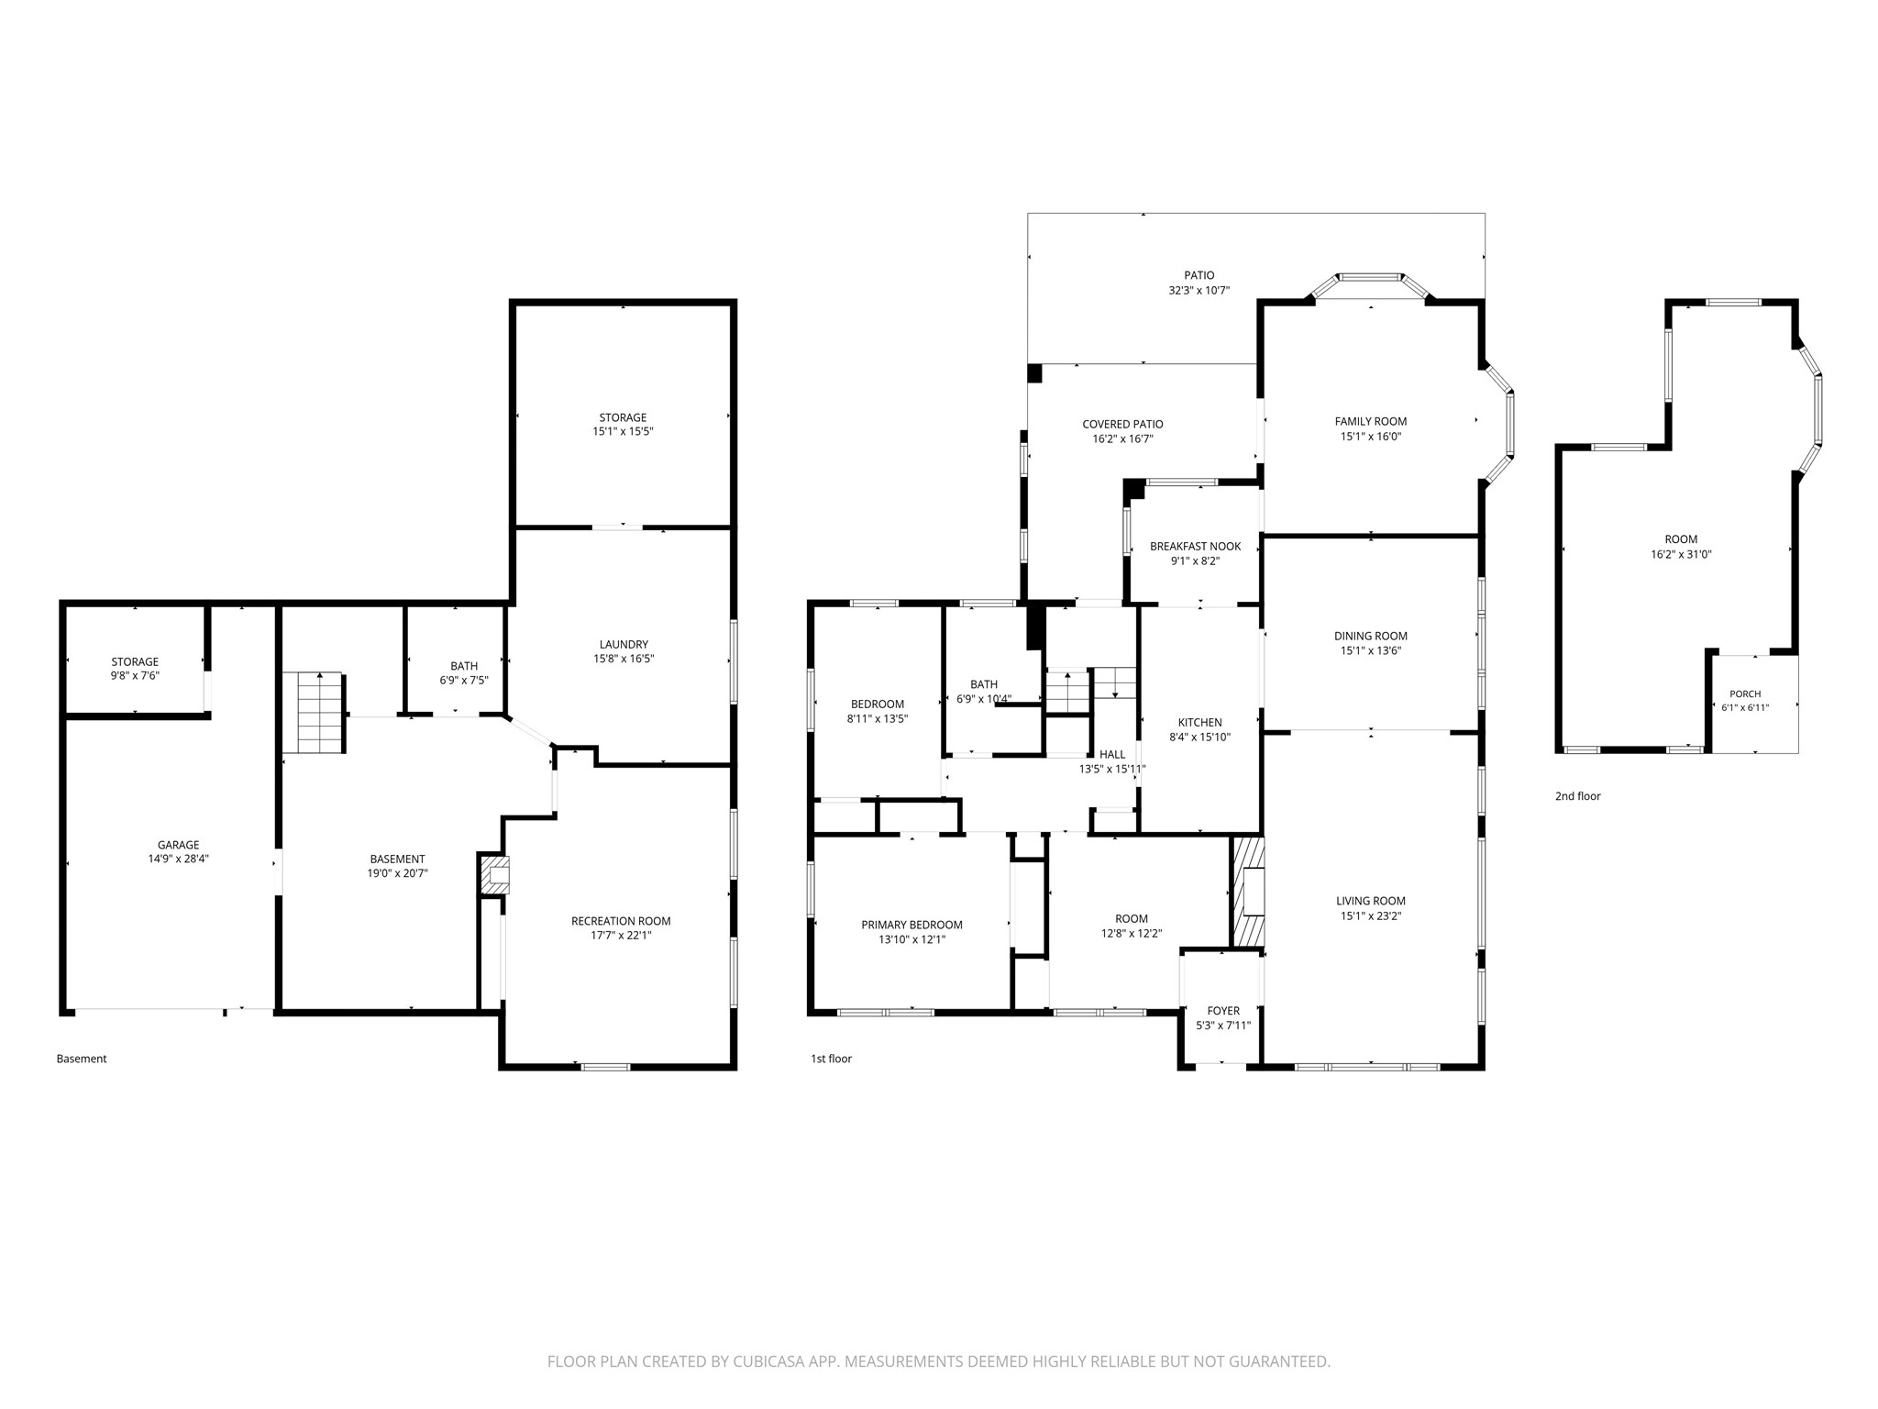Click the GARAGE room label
coord(178,845)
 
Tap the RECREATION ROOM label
coord(621,921)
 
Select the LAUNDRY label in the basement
coord(624,644)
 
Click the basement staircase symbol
coord(313,713)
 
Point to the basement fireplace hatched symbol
coord(496,875)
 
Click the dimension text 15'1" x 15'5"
coord(623,431)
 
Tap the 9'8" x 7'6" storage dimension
coord(135,676)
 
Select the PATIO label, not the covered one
coord(1199,275)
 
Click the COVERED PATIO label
coord(1122,424)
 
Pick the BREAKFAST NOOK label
coord(1196,546)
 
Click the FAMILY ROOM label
coord(1371,421)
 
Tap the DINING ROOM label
coord(1371,636)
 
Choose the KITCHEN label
coord(1200,722)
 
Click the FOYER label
coord(1223,1011)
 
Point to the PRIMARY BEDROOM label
coord(911,925)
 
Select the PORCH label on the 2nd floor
coord(1745,693)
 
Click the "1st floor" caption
coord(831,1059)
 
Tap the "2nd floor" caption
coord(1577,796)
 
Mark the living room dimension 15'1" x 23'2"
coord(1370,915)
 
